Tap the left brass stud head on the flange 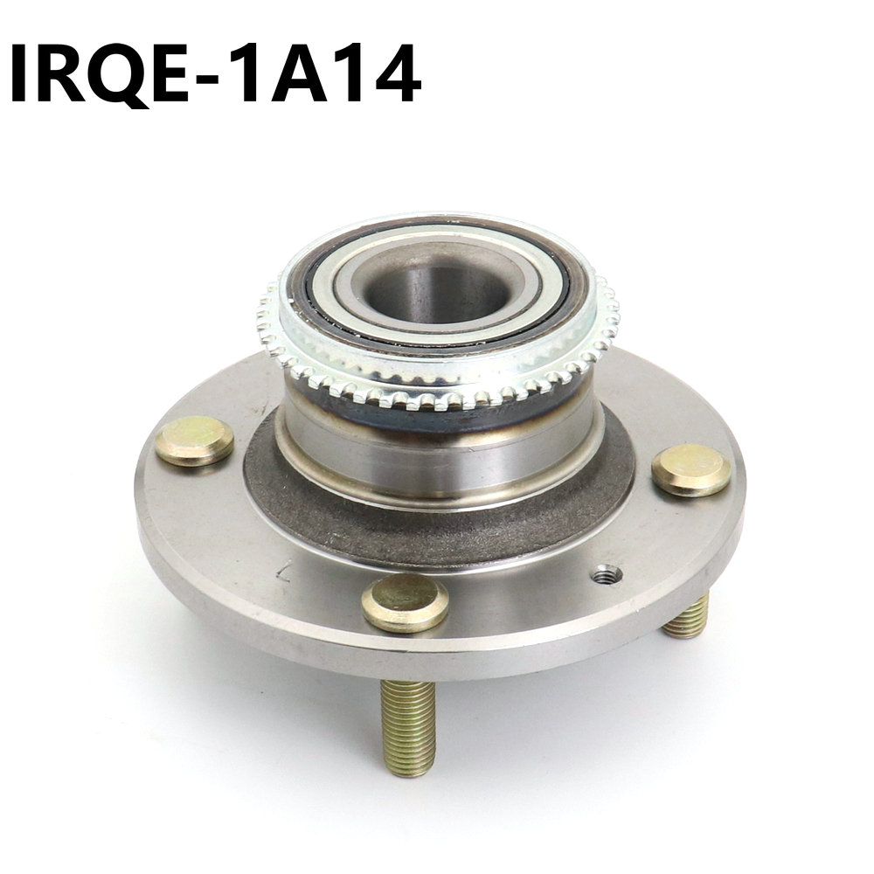click(194, 440)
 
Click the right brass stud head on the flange click(690, 470)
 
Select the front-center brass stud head click(406, 602)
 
